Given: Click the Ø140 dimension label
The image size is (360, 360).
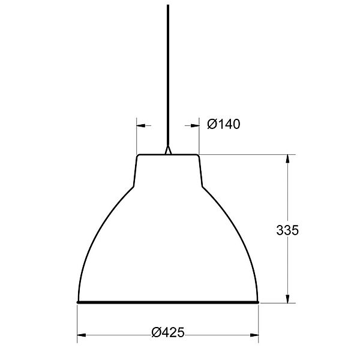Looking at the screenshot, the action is click(x=224, y=124).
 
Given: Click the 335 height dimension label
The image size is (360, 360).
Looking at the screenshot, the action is click(x=287, y=230).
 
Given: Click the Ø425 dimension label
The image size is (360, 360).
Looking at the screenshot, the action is click(x=168, y=332).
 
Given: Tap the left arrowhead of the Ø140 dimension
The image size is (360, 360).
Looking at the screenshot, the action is click(x=141, y=125).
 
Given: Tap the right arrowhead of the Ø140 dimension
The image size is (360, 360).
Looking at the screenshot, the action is click(x=195, y=125).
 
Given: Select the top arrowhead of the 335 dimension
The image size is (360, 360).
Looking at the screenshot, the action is click(x=287, y=159).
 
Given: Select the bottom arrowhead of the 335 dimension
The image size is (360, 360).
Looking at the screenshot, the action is click(x=287, y=298).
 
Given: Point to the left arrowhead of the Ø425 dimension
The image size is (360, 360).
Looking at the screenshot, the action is click(x=82, y=335).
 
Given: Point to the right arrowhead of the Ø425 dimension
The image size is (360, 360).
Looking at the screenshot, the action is click(x=254, y=335).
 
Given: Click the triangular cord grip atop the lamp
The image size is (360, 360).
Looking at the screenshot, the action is click(x=168, y=149).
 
